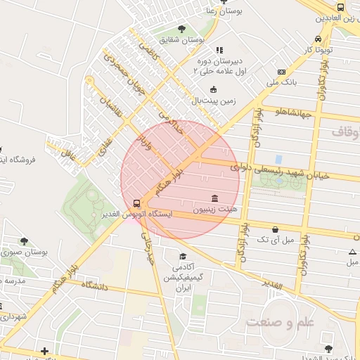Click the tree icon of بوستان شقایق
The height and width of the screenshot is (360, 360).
[182, 29]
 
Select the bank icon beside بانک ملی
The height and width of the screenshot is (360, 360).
[281, 72]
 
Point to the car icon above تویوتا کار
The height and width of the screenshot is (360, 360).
[319, 39]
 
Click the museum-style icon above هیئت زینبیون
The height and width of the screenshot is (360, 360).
[214, 198]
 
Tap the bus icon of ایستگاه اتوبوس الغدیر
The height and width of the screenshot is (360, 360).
[136, 203]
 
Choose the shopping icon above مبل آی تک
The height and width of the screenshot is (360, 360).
[274, 229]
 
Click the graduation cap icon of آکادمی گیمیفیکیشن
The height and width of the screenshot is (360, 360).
[183, 257]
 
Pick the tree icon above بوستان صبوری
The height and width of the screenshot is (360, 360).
[25, 241]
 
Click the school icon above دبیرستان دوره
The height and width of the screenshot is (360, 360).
[219, 51]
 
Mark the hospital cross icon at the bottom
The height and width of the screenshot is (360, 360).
[45, 350]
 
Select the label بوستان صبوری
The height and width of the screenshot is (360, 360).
[25, 252]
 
